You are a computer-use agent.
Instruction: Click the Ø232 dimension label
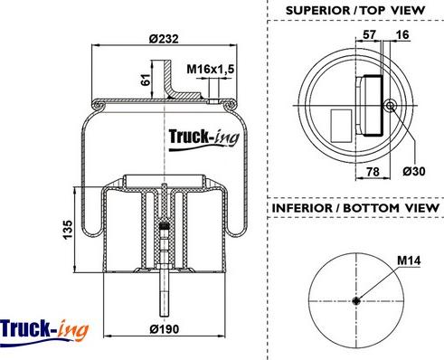click(x=164, y=39)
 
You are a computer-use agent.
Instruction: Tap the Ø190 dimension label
click(x=165, y=329)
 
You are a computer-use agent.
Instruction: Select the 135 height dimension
click(x=68, y=230)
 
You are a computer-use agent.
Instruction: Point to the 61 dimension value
click(x=146, y=80)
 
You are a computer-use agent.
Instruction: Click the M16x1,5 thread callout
click(x=210, y=69)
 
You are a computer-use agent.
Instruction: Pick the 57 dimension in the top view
click(x=369, y=34)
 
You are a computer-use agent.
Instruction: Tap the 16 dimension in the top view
click(x=402, y=34)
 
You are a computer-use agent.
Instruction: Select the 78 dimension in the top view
click(x=373, y=172)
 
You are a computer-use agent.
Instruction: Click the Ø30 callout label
click(x=414, y=171)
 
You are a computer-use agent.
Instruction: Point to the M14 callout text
click(x=409, y=261)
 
